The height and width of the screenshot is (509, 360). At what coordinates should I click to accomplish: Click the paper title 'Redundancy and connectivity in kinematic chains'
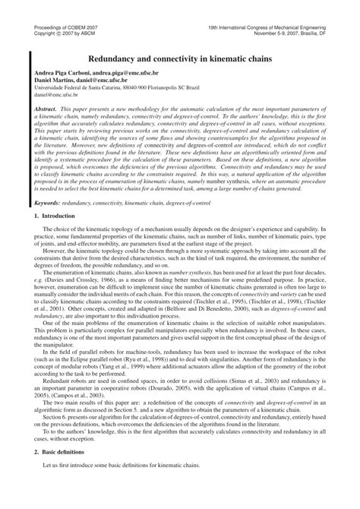tap(179, 58)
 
